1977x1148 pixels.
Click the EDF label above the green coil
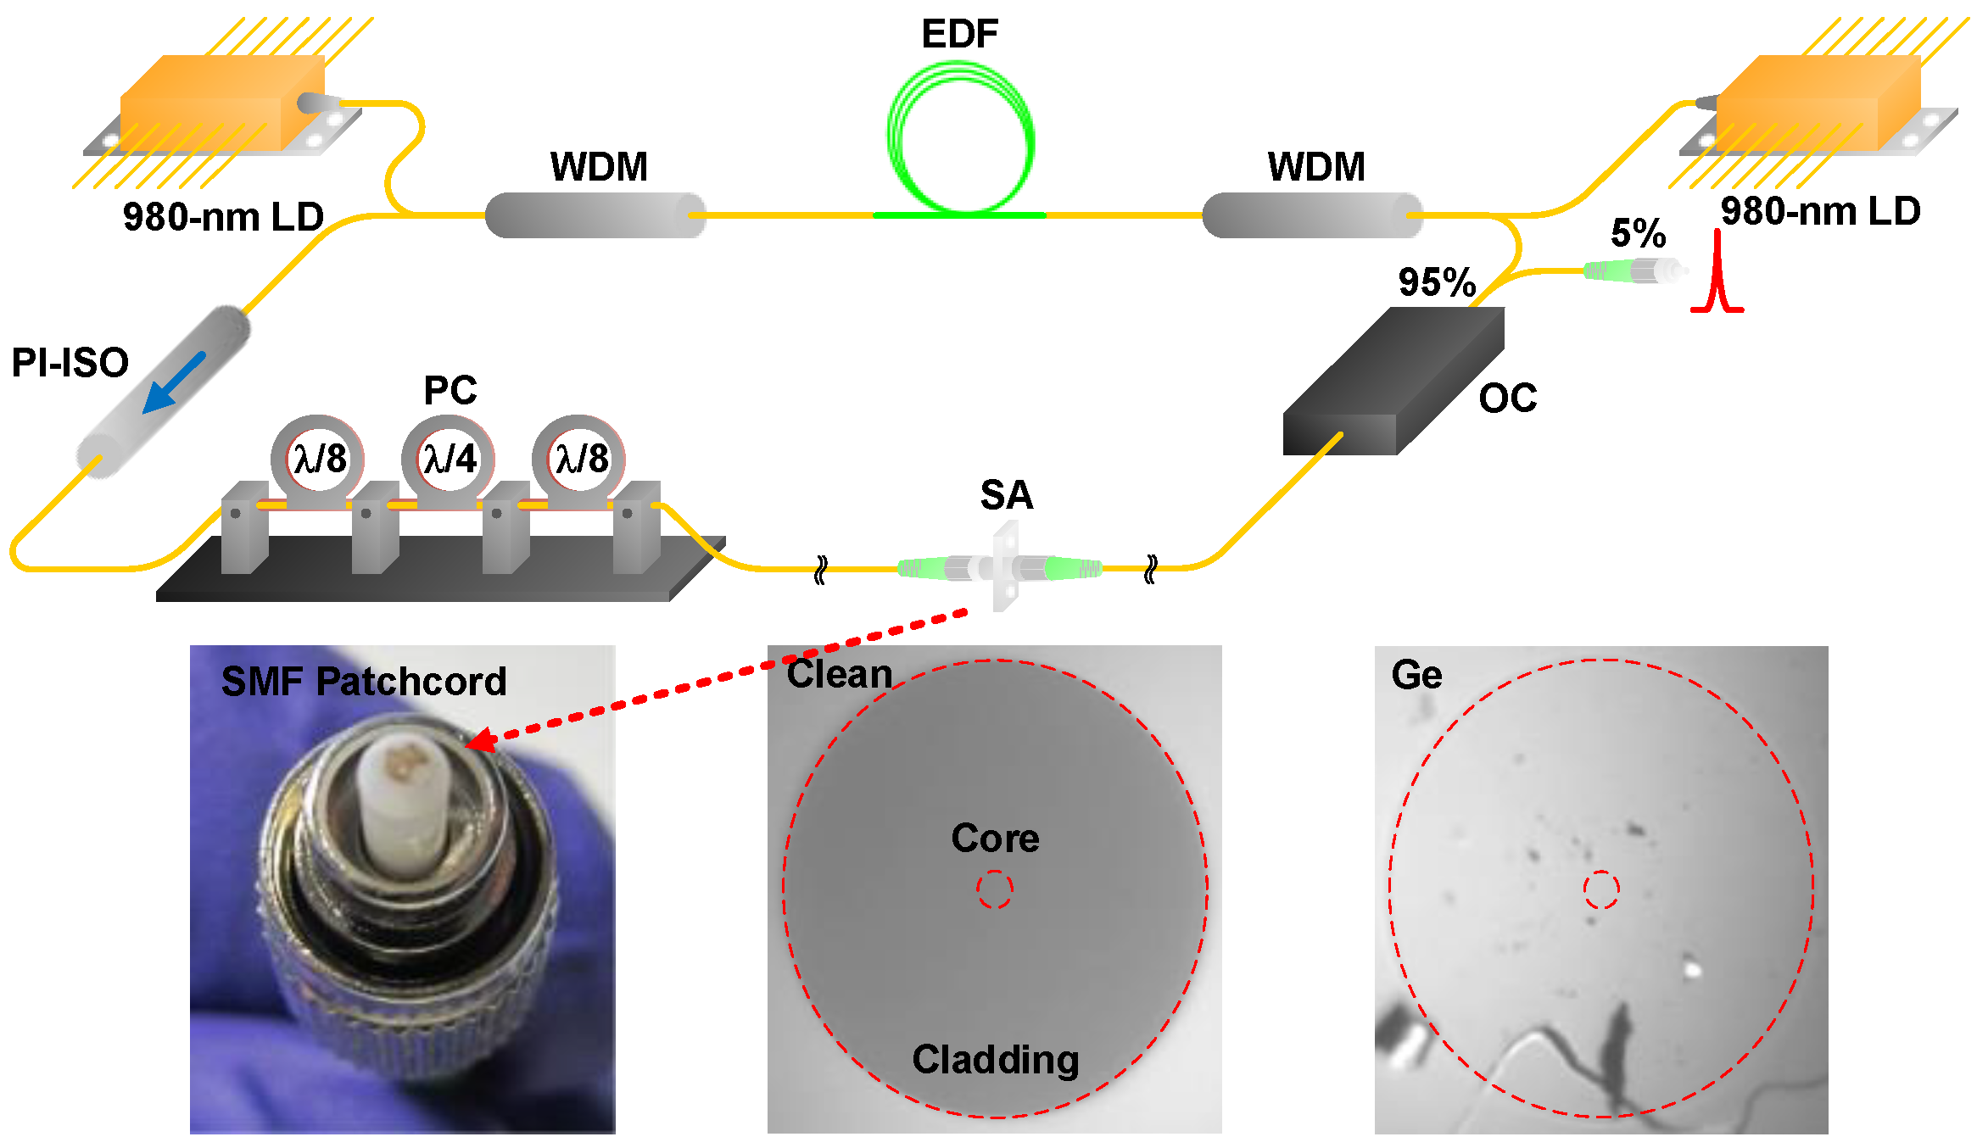pyautogui.click(x=959, y=34)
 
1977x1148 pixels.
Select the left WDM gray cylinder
pyautogui.click(x=595, y=215)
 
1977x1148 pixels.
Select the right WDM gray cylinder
pyautogui.click(x=1311, y=215)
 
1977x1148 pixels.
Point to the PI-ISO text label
pyautogui.click(x=70, y=363)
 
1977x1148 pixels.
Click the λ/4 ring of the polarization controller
pyautogui.click(x=449, y=459)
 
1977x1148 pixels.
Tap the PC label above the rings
pyautogui.click(x=450, y=391)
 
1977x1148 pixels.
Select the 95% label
pyautogui.click(x=1437, y=282)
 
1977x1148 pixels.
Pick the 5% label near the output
pyautogui.click(x=1638, y=233)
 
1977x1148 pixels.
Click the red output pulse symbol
pyautogui.click(x=1717, y=280)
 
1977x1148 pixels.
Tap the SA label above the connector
pyautogui.click(x=1007, y=495)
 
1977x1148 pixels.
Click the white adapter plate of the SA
pyautogui.click(x=1005, y=566)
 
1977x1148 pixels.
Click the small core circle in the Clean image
pyautogui.click(x=994, y=889)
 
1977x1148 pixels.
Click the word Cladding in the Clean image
pyautogui.click(x=995, y=1060)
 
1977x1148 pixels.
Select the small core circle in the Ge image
pyautogui.click(x=1601, y=889)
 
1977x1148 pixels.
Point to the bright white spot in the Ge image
pyautogui.click(x=1692, y=968)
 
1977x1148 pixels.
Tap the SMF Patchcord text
pyautogui.click(x=363, y=682)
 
